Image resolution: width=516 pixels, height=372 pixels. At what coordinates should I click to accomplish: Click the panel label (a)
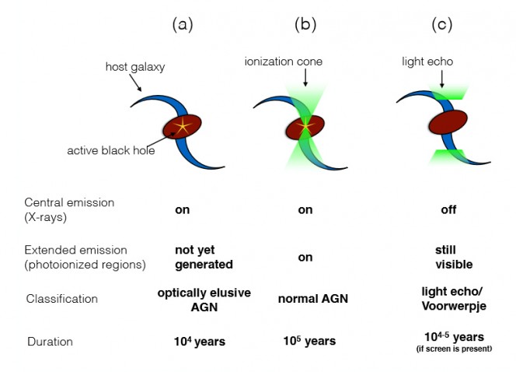182,24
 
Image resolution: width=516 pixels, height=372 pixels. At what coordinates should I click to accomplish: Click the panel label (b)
305,24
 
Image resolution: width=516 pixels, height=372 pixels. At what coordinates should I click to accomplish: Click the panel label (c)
442,24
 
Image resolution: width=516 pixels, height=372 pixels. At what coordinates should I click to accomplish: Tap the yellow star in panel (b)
305,125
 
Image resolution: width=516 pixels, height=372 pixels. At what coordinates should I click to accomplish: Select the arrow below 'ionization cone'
305,77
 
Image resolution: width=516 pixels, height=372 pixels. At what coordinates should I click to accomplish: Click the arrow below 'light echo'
441,75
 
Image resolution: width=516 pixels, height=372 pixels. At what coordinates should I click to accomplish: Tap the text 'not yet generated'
204,258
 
